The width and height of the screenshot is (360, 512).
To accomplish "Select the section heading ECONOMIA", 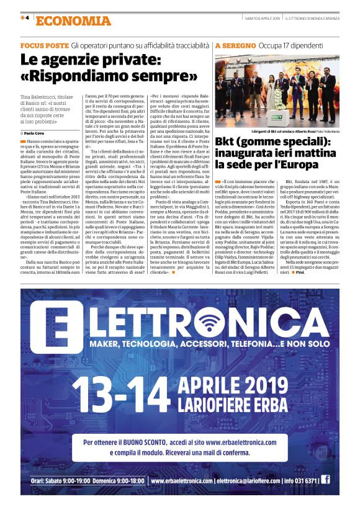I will click(x=74, y=20).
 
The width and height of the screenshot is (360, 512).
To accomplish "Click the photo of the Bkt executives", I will click(x=277, y=90).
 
